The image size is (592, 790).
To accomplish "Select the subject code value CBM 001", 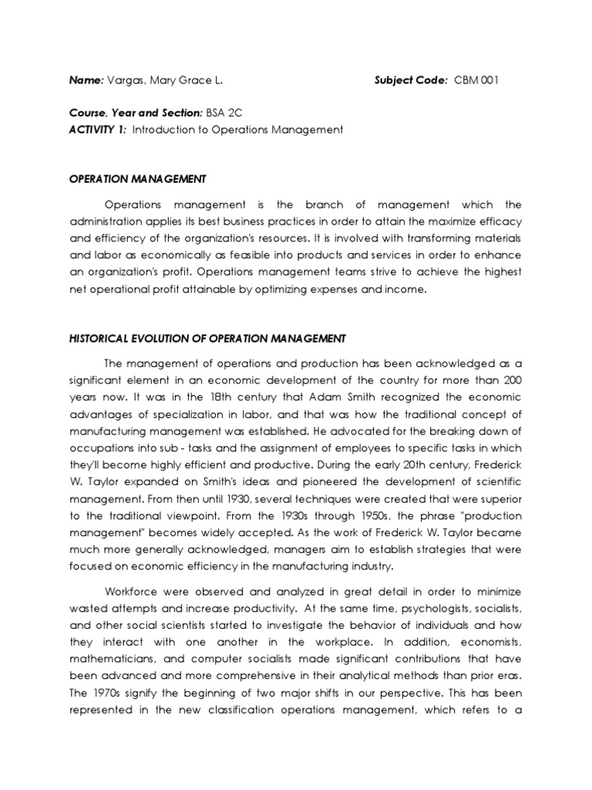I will (476, 80).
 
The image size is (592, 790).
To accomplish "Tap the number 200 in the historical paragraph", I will (511, 380).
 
